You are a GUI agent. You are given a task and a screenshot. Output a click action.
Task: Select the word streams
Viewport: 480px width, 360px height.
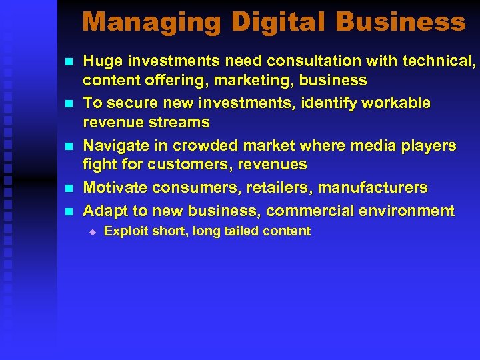pyautogui.click(x=180, y=123)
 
